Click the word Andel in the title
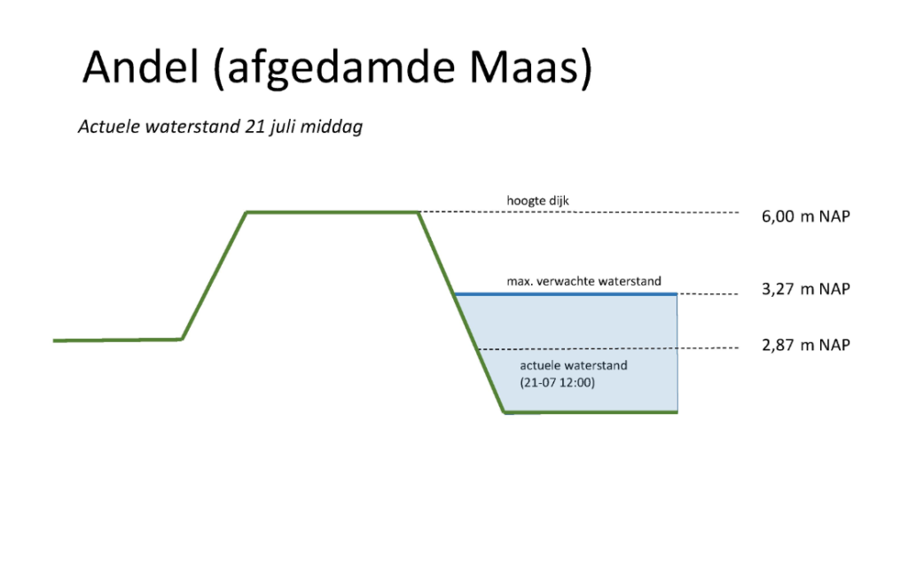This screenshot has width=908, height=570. (141, 66)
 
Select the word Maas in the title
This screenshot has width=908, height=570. (523, 66)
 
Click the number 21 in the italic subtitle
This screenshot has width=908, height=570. (254, 126)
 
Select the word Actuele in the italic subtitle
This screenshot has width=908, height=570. (109, 126)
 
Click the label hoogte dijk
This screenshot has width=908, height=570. (537, 201)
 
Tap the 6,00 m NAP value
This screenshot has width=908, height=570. (805, 216)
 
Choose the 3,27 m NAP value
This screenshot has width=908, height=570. (805, 289)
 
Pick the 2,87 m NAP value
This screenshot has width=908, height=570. (805, 345)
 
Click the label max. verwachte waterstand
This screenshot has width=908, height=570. (583, 281)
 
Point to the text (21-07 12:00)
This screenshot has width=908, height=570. (557, 382)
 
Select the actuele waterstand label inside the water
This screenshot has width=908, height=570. (574, 365)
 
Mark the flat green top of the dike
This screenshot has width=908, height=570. (333, 213)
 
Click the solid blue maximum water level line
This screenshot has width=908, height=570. (566, 294)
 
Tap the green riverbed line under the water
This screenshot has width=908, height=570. (591, 412)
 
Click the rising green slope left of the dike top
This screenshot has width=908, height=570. (215, 276)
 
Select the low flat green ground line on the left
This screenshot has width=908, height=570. (118, 340)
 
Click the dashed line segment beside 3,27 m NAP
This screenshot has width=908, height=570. (708, 294)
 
